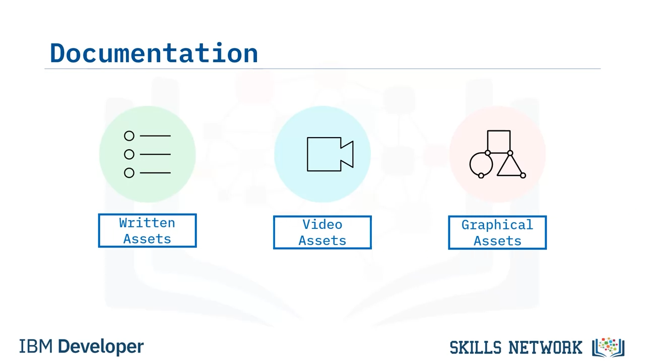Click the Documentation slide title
click(x=154, y=53)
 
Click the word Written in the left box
click(x=147, y=223)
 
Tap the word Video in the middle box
click(x=322, y=225)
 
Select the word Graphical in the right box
click(x=497, y=225)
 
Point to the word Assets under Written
click(x=147, y=239)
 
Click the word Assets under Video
click(x=322, y=241)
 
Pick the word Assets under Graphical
click(x=497, y=241)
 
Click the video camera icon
click(x=330, y=154)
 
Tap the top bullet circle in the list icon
click(x=129, y=136)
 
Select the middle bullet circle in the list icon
click(x=129, y=154)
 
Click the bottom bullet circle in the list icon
click(x=129, y=173)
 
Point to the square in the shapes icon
click(x=499, y=131)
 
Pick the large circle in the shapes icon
click(x=470, y=164)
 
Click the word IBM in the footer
click(x=36, y=346)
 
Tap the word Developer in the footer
click(x=101, y=347)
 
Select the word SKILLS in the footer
click(x=475, y=347)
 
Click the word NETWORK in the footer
click(x=545, y=347)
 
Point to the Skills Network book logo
click(x=608, y=347)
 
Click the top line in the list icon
click(x=155, y=136)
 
